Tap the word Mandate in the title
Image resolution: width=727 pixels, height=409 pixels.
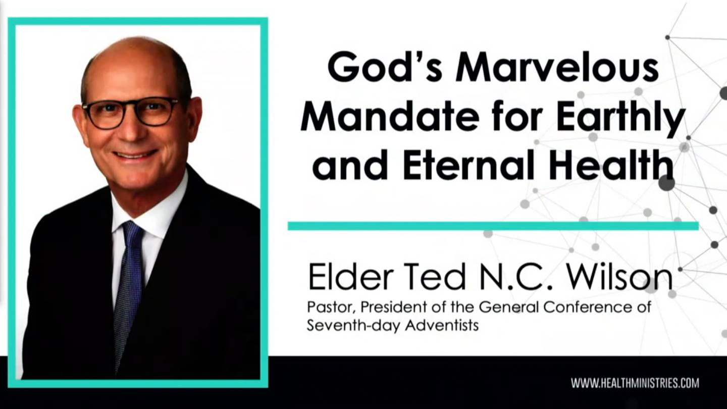(x=390, y=116)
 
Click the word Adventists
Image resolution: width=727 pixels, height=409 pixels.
(x=442, y=325)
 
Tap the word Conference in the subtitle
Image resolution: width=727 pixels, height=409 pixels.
(x=588, y=307)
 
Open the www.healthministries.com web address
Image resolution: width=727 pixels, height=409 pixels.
(x=635, y=383)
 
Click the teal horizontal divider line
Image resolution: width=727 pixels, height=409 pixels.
(x=493, y=226)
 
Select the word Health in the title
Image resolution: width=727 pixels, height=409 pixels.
(x=611, y=165)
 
